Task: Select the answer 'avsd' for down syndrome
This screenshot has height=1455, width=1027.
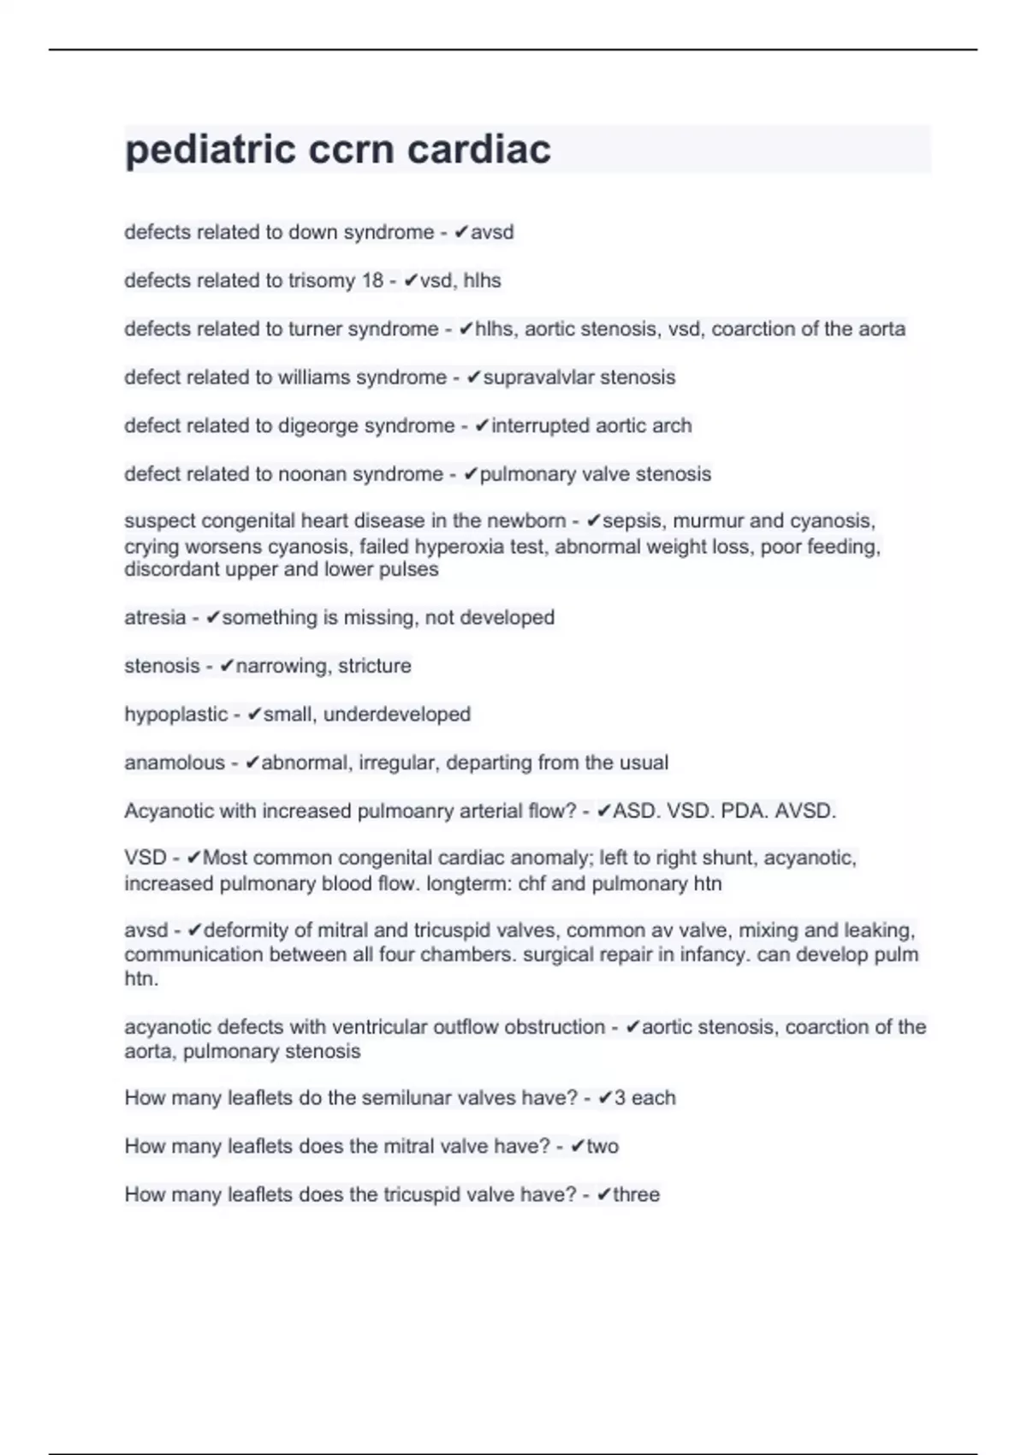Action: point(492,232)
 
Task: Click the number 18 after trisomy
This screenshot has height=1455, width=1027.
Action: point(372,281)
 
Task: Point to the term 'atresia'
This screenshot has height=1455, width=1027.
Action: point(155,618)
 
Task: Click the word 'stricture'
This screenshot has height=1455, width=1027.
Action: point(375,666)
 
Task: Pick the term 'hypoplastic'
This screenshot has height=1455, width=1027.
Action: point(176,715)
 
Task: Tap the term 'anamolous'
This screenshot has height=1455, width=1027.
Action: point(175,763)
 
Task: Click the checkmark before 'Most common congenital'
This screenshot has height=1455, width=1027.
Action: point(194,858)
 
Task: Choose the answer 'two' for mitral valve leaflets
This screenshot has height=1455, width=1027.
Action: point(603,1147)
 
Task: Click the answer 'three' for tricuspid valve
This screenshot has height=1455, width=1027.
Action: point(636,1195)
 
